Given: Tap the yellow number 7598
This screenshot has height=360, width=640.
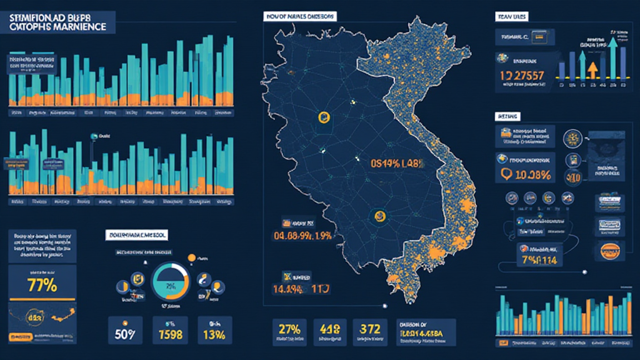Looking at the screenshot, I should click(170, 333).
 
